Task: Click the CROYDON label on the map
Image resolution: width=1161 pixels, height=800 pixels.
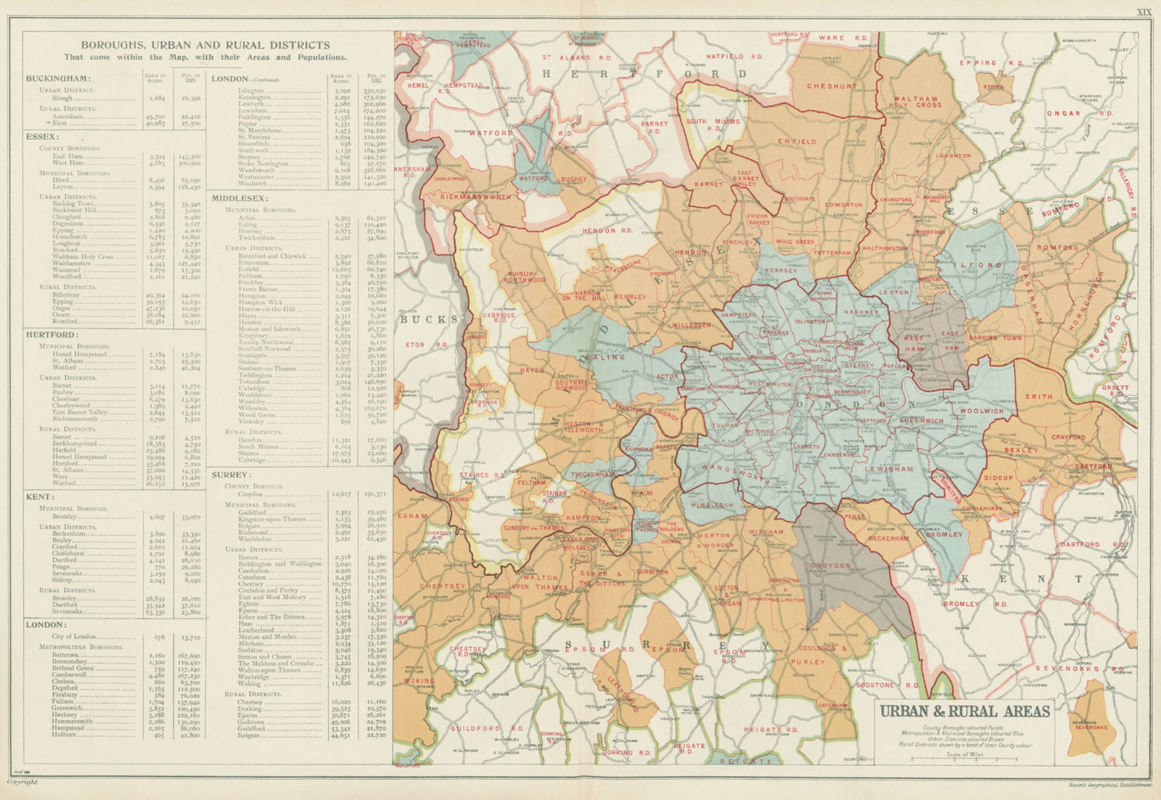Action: [831, 566]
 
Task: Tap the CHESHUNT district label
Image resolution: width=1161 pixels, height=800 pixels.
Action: [832, 86]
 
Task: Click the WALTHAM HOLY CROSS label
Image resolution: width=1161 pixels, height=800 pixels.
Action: [915, 102]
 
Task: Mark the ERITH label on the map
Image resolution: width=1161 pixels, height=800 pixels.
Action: [1038, 396]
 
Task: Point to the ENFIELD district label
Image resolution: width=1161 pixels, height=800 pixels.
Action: [797, 142]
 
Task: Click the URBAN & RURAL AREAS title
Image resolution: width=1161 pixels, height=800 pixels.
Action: [965, 711]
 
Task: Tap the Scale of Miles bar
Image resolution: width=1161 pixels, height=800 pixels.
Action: [962, 759]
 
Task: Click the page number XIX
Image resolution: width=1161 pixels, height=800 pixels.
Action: [1143, 12]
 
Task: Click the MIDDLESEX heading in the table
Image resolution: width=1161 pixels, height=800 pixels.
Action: [239, 197]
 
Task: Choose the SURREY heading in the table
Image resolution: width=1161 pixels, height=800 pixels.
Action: [231, 474]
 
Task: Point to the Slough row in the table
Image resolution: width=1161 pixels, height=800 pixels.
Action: [63, 98]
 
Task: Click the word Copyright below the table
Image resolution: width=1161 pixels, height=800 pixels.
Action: [22, 782]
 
